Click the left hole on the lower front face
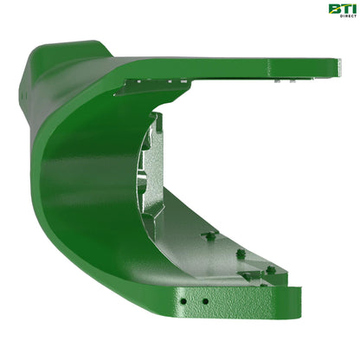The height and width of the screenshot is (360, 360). (183, 301)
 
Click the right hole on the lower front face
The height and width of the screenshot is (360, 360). (205, 302)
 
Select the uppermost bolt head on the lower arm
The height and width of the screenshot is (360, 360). (209, 235)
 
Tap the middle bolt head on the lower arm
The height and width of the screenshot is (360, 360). (240, 254)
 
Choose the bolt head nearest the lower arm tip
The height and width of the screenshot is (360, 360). (270, 270)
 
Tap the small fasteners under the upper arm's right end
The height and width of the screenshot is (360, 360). (281, 79)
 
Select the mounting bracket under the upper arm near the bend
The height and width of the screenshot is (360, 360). (151, 84)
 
